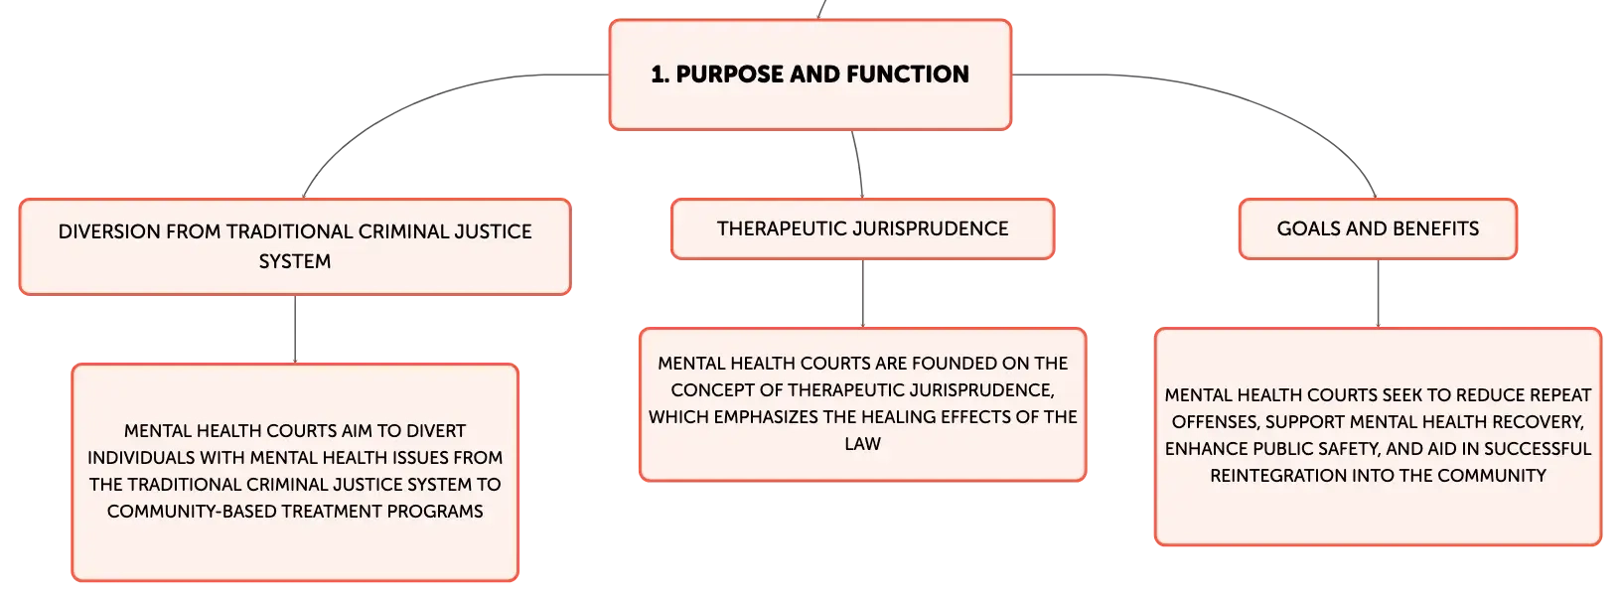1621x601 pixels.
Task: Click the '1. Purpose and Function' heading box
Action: coord(810,75)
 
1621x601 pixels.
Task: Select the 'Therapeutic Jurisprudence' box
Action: coord(862,228)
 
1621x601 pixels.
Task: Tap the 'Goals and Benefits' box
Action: coord(1378,228)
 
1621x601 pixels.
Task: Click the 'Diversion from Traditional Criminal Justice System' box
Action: coord(295,247)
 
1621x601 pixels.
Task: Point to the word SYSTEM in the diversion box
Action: coord(295,261)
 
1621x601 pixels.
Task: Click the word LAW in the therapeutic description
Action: coord(862,444)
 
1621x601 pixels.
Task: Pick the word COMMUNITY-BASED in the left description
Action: coord(191,512)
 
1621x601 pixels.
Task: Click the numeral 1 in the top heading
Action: coord(658,74)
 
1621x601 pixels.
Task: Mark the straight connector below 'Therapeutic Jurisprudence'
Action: coord(862,293)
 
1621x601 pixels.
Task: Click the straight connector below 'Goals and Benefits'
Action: coord(1378,293)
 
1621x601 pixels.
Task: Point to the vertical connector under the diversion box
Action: coord(295,330)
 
